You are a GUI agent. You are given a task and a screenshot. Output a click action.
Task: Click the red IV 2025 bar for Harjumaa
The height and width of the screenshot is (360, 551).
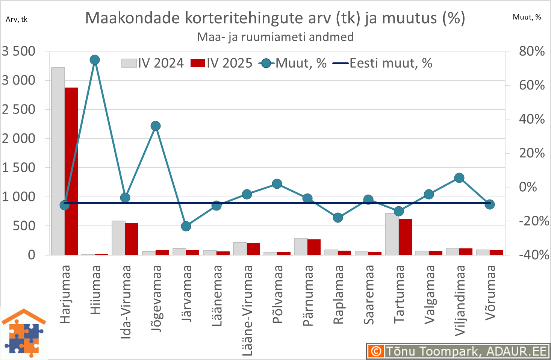tap(71, 171)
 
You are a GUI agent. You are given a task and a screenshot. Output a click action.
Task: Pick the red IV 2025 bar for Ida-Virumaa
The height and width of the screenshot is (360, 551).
tap(132, 239)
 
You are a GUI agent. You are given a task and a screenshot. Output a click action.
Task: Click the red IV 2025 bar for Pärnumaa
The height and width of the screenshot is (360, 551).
tap(314, 247)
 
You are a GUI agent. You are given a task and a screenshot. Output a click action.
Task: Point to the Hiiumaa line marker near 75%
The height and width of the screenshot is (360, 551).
tap(95, 60)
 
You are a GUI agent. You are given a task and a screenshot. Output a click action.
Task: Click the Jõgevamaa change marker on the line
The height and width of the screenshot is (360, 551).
tap(156, 126)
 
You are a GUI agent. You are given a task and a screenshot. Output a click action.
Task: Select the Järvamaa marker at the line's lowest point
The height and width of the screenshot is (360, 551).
tap(186, 226)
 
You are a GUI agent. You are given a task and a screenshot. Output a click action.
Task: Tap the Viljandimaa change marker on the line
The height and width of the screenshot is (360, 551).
tap(459, 178)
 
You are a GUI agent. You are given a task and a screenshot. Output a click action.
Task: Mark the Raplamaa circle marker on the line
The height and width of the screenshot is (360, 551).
tap(338, 218)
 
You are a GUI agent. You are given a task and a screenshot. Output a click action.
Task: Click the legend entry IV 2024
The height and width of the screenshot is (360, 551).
tap(153, 63)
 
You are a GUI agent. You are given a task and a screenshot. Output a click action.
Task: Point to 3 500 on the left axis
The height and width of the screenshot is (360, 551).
tap(18, 51)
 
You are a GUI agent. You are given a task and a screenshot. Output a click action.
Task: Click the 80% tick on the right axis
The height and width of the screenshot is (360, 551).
tap(531, 51)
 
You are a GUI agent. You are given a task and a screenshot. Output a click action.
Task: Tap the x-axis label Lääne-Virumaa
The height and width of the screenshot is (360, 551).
tap(247, 310)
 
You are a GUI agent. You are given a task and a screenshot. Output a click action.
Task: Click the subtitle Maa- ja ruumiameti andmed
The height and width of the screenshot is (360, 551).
tap(275, 37)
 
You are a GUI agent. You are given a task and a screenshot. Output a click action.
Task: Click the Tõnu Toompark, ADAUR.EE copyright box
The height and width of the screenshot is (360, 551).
tap(458, 351)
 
